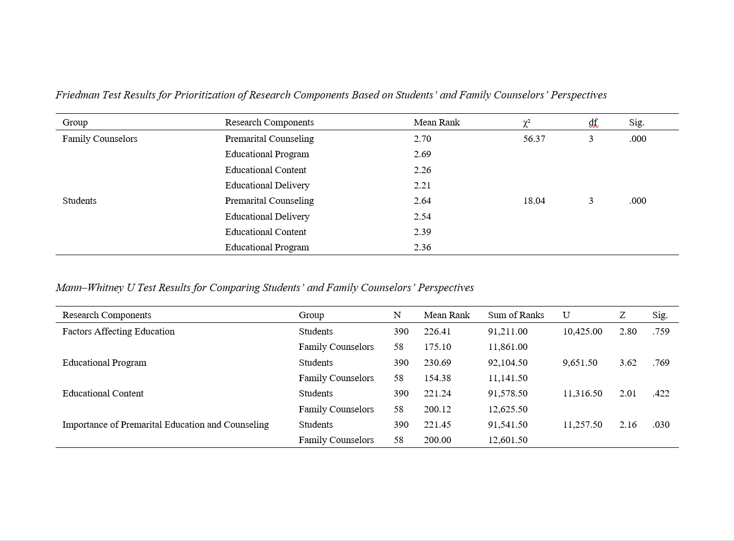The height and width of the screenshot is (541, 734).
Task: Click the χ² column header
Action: click(x=526, y=123)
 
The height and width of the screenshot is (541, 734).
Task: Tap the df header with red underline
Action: click(x=593, y=123)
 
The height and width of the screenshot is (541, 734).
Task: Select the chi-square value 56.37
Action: click(x=534, y=139)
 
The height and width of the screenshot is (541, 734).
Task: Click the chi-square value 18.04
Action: click(x=534, y=201)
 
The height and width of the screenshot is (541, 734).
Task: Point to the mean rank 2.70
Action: click(x=422, y=139)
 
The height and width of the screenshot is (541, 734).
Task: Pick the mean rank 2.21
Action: click(x=422, y=185)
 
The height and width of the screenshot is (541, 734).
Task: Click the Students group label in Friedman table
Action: click(x=79, y=201)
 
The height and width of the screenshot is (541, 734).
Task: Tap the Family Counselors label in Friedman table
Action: click(x=100, y=139)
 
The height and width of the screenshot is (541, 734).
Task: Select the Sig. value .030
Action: click(x=661, y=425)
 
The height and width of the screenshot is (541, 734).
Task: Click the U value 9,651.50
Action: click(x=580, y=363)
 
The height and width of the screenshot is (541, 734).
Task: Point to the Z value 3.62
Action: click(x=628, y=363)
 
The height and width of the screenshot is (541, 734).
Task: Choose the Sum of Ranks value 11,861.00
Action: click(x=508, y=347)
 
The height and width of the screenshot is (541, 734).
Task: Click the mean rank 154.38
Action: click(x=437, y=378)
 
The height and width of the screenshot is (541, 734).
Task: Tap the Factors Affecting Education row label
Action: click(x=118, y=331)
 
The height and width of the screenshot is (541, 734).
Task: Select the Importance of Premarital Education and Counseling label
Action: click(x=165, y=425)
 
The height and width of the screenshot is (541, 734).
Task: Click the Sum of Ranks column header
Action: click(x=516, y=315)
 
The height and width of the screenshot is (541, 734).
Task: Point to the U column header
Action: click(x=566, y=315)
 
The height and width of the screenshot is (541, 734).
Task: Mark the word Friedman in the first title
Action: click(x=77, y=95)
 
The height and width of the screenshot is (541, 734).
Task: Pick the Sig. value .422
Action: click(x=661, y=393)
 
